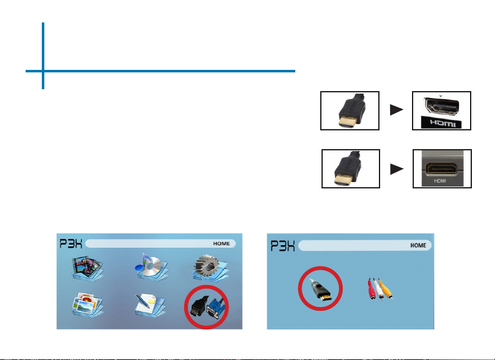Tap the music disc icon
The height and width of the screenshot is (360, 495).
pyautogui.click(x=151, y=266)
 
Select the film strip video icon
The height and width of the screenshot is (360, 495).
pyautogui.click(x=87, y=268)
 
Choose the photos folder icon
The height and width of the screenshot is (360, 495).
pyautogui.click(x=87, y=305)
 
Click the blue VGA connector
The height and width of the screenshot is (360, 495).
pyautogui.click(x=215, y=309)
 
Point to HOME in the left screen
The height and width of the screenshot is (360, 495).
pyautogui.click(x=222, y=243)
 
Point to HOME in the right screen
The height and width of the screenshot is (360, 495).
pyautogui.click(x=418, y=245)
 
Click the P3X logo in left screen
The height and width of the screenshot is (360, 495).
pyautogui.click(x=71, y=243)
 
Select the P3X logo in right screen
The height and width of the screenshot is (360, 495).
pyautogui.click(x=283, y=246)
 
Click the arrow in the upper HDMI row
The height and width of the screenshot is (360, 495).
pyautogui.click(x=397, y=110)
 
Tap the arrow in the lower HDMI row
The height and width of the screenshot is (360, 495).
pyautogui.click(x=397, y=169)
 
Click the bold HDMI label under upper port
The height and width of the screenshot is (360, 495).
pyautogui.click(x=443, y=123)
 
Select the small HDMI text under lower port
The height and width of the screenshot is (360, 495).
pyautogui.click(x=439, y=181)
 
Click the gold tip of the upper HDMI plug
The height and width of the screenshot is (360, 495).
pyautogui.click(x=346, y=122)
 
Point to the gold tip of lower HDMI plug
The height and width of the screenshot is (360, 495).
pyautogui.click(x=343, y=180)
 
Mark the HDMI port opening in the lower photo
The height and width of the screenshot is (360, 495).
pyautogui.click(x=441, y=168)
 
